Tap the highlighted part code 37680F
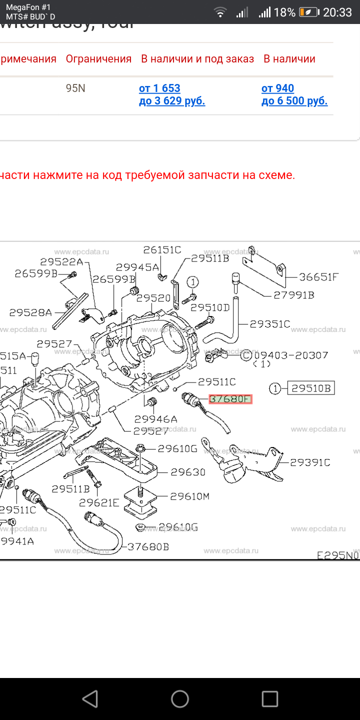(x=230, y=399)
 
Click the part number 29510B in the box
(x=310, y=388)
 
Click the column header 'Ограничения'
(x=98, y=59)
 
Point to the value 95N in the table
(x=75, y=88)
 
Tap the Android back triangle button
(x=90, y=698)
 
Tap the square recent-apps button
(x=270, y=698)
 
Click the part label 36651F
(x=319, y=277)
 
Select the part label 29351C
(x=270, y=324)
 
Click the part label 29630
(x=188, y=471)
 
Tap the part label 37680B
(x=148, y=546)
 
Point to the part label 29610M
(x=189, y=496)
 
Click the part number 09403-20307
(x=291, y=355)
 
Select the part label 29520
(x=153, y=298)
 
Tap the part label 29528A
(x=30, y=312)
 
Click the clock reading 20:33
(x=337, y=12)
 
